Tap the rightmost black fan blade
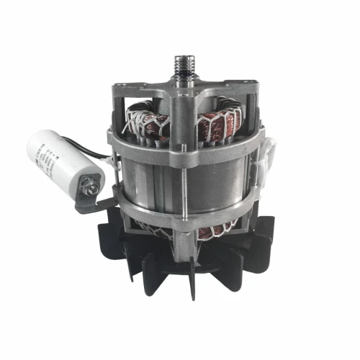click(263, 230)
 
